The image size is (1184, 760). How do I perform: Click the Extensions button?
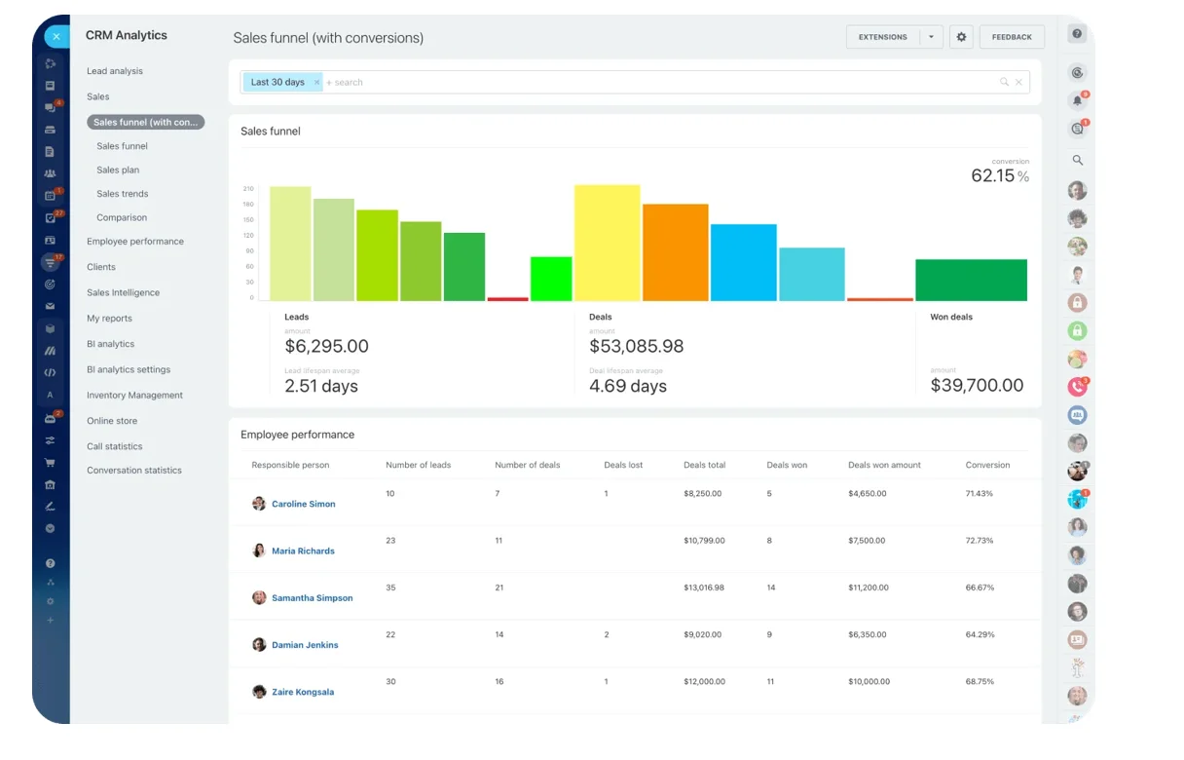pyautogui.click(x=882, y=37)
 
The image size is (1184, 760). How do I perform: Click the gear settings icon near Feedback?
pyautogui.click(x=961, y=37)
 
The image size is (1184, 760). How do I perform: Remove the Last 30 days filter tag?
pyautogui.click(x=316, y=83)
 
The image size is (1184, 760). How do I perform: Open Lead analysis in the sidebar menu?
pyautogui.click(x=115, y=71)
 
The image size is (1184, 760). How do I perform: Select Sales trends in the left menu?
pyautogui.click(x=123, y=194)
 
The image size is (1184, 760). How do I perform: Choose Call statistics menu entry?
pyautogui.click(x=115, y=446)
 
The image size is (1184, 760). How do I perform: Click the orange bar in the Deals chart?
pyautogui.click(x=675, y=252)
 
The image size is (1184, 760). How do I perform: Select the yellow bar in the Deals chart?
pyautogui.click(x=607, y=243)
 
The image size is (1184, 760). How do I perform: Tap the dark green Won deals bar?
pyautogui.click(x=971, y=280)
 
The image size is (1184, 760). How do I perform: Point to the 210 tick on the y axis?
pyautogui.click(x=248, y=189)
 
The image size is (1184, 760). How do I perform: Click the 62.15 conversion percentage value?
pyautogui.click(x=993, y=176)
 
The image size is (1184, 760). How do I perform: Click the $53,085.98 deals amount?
pyautogui.click(x=636, y=346)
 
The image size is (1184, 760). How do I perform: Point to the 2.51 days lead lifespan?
pyautogui.click(x=321, y=386)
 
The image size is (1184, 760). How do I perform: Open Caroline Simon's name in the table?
pyautogui.click(x=303, y=504)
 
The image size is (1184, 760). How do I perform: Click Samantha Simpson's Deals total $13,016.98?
pyautogui.click(x=704, y=588)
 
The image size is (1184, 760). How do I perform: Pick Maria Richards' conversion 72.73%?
pyautogui.click(x=980, y=540)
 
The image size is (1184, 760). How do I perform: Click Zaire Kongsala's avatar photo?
pyautogui.click(x=259, y=692)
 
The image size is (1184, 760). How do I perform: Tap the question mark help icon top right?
pyautogui.click(x=1077, y=34)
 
